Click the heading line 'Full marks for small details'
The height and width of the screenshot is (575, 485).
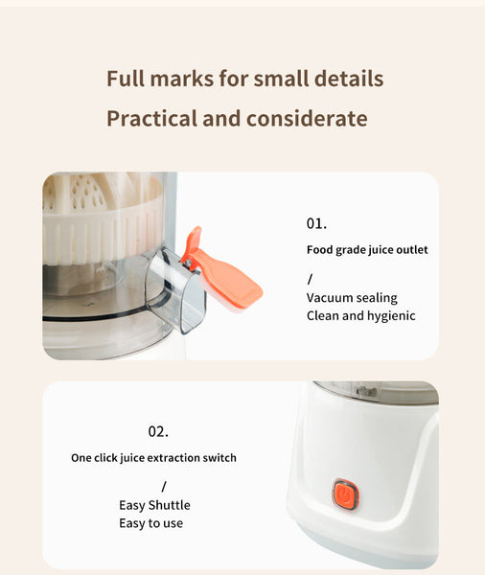pyautogui.click(x=244, y=79)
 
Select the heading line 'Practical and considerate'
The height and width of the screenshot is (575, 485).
pyautogui.click(x=237, y=119)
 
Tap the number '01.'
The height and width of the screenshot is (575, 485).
pyautogui.click(x=316, y=223)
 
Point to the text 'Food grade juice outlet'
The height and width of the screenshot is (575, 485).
pyautogui.click(x=367, y=250)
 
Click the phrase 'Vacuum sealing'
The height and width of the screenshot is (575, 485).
pyautogui.click(x=352, y=297)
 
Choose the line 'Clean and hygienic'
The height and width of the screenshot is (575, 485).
pyautogui.click(x=360, y=315)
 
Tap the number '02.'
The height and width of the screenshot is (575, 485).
pyautogui.click(x=158, y=431)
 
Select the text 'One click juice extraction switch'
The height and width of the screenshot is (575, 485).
pyautogui.click(x=153, y=458)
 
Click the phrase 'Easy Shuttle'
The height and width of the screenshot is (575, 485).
pyautogui.click(x=154, y=505)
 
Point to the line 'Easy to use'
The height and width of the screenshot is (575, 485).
pyautogui.click(x=150, y=523)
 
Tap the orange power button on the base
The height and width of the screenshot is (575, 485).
pyautogui.click(x=344, y=494)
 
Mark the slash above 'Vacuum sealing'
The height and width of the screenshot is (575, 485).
pyautogui.click(x=310, y=279)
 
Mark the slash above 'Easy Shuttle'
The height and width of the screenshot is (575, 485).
pyautogui.click(x=164, y=486)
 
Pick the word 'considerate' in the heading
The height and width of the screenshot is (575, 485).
pyautogui.click(x=307, y=119)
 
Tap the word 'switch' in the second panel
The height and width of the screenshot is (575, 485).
pyautogui.click(x=219, y=458)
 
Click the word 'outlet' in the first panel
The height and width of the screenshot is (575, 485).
pyautogui.click(x=411, y=250)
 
